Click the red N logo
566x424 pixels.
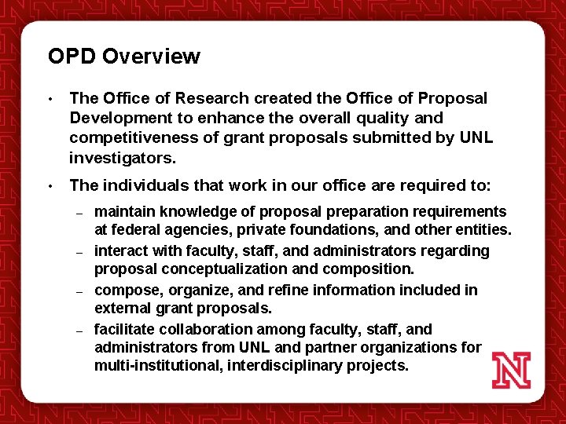tap(511, 370)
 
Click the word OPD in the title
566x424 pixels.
tap(72, 57)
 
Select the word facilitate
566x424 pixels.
tap(123, 330)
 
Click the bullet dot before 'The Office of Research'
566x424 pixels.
tap(50, 100)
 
